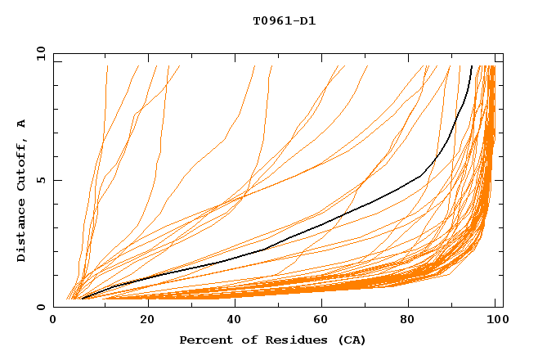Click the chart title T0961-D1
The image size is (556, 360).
coord(284,21)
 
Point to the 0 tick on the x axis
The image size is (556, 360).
coord(53,322)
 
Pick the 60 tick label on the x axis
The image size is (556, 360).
coord(320,322)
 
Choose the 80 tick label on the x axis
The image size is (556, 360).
coord(408,322)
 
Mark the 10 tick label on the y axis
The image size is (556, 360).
coord(40,52)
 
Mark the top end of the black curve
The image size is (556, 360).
coord(472,66)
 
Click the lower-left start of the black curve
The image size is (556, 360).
coord(82,299)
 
